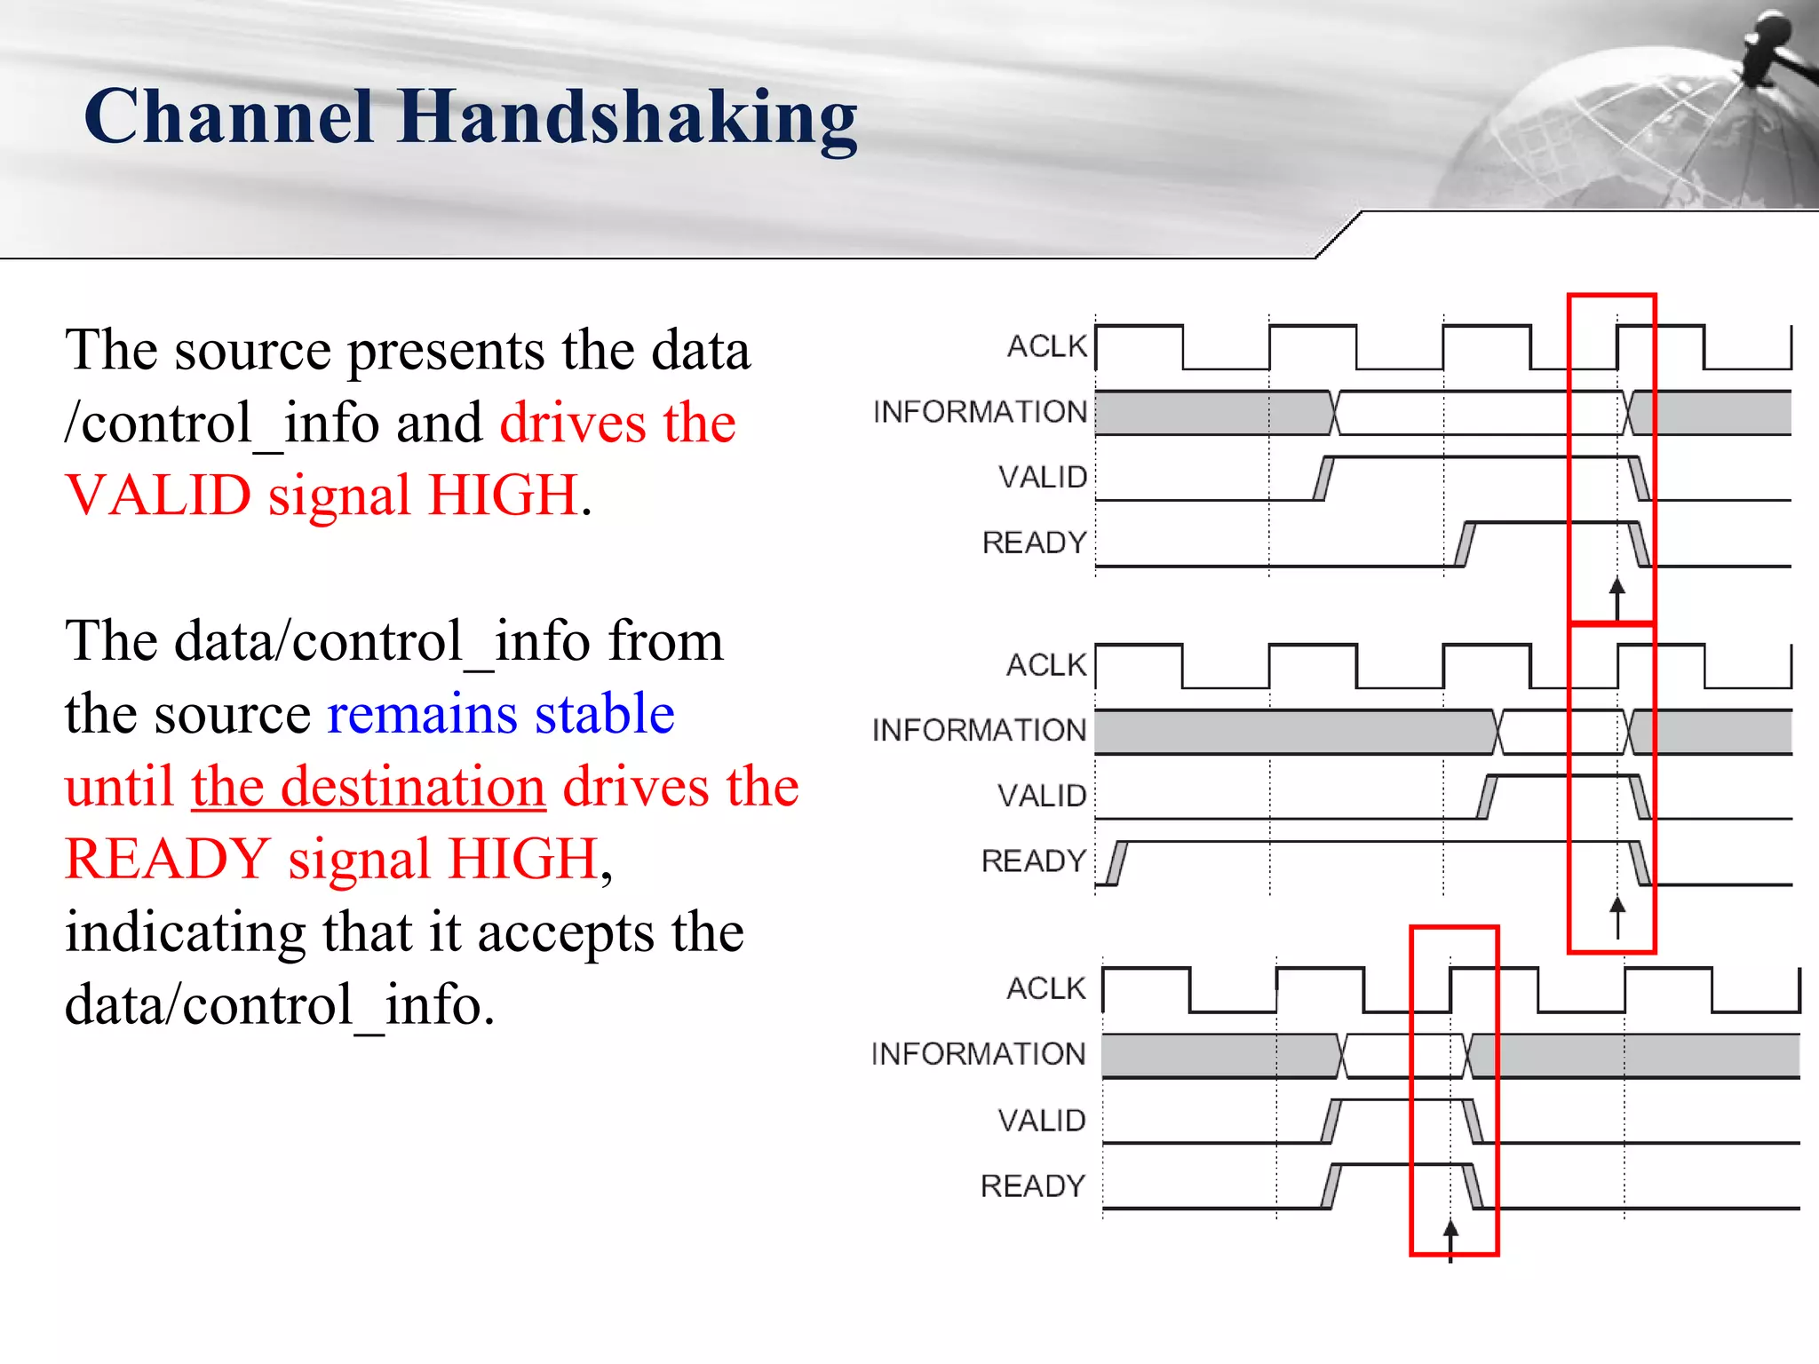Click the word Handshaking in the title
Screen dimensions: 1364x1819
(x=627, y=118)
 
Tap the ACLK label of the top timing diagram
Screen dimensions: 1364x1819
(x=1046, y=346)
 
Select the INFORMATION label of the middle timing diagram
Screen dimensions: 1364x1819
(x=979, y=730)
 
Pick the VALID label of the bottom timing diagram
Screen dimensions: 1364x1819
(x=1041, y=1121)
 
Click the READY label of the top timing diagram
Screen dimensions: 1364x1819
(x=1034, y=543)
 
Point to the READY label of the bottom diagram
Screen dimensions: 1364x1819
(x=1032, y=1186)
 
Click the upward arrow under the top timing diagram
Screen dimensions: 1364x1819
(x=1616, y=597)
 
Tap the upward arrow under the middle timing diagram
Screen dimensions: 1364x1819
(x=1617, y=915)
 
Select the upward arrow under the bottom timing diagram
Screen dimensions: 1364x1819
(x=1450, y=1238)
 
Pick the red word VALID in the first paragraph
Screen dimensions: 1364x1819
(x=158, y=496)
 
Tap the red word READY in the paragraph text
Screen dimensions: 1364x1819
(x=167, y=860)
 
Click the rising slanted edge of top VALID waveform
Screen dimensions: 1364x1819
(x=1323, y=479)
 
